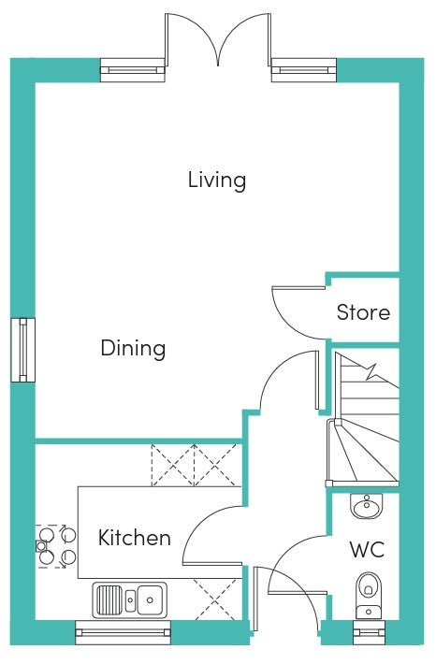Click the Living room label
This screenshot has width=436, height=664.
(217, 180)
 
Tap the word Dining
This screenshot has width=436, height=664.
(133, 349)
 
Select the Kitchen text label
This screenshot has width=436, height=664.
(135, 538)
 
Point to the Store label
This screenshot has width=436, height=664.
(363, 312)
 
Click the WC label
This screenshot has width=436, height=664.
(367, 550)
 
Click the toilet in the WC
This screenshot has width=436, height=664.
(369, 596)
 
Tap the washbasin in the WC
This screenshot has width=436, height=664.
(367, 506)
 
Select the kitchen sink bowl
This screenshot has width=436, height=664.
(150, 599)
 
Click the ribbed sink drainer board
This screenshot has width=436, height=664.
(109, 599)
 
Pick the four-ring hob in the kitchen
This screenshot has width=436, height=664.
(56, 546)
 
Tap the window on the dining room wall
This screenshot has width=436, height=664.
(22, 350)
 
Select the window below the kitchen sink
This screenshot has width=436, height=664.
(123, 632)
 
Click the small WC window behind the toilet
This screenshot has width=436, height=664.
(369, 632)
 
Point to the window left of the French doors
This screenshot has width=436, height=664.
(132, 70)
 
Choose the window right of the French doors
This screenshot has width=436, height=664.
(304, 70)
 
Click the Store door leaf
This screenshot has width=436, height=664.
(298, 288)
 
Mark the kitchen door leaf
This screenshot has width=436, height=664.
(212, 564)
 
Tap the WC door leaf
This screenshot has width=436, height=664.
(298, 592)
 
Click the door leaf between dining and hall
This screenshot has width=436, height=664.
(316, 381)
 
